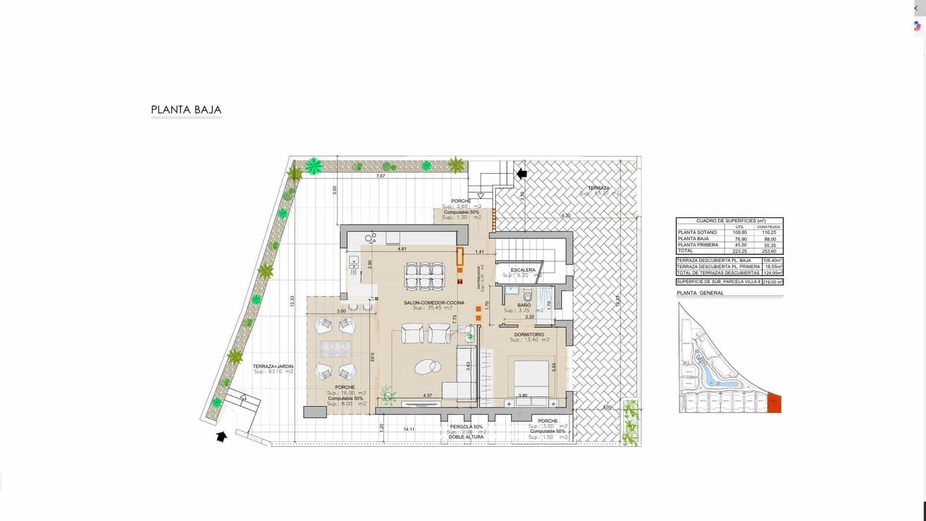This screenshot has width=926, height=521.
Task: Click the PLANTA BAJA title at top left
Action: click(186, 110)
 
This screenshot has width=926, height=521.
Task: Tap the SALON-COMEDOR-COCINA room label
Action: click(433, 303)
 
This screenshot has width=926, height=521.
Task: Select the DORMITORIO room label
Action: click(529, 335)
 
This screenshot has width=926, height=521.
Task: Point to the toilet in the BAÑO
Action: click(527, 296)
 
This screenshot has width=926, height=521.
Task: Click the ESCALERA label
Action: click(523, 270)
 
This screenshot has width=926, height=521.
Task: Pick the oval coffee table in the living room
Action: click(428, 366)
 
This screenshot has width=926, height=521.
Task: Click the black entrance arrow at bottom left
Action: click(221, 436)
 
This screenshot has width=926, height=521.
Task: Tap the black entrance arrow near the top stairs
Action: click(521, 173)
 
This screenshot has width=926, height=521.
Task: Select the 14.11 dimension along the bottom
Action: click(409, 429)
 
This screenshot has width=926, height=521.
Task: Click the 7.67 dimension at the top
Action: click(380, 176)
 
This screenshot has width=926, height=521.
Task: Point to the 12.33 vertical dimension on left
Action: click(293, 301)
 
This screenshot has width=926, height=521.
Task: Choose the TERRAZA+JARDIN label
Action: click(273, 366)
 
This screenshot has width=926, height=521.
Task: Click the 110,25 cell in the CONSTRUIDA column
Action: click(769, 233)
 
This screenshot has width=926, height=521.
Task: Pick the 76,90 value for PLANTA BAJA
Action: click(740, 239)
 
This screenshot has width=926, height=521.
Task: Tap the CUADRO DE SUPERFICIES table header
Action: click(730, 221)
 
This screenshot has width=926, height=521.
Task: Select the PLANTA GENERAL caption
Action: click(700, 293)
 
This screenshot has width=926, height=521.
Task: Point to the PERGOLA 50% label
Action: click(466, 427)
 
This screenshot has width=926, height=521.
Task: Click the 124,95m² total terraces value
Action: click(773, 273)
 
